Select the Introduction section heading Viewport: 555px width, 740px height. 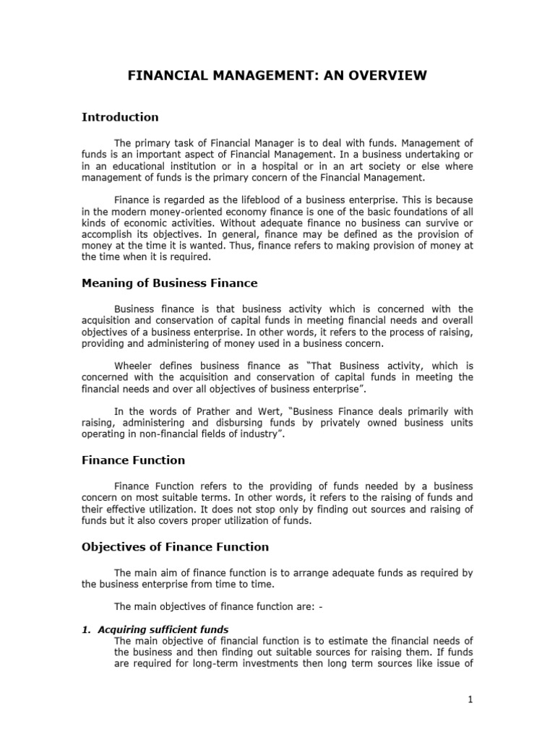click(x=120, y=117)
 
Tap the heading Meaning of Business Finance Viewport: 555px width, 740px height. click(x=169, y=283)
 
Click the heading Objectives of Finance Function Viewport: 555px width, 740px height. click(x=175, y=546)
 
